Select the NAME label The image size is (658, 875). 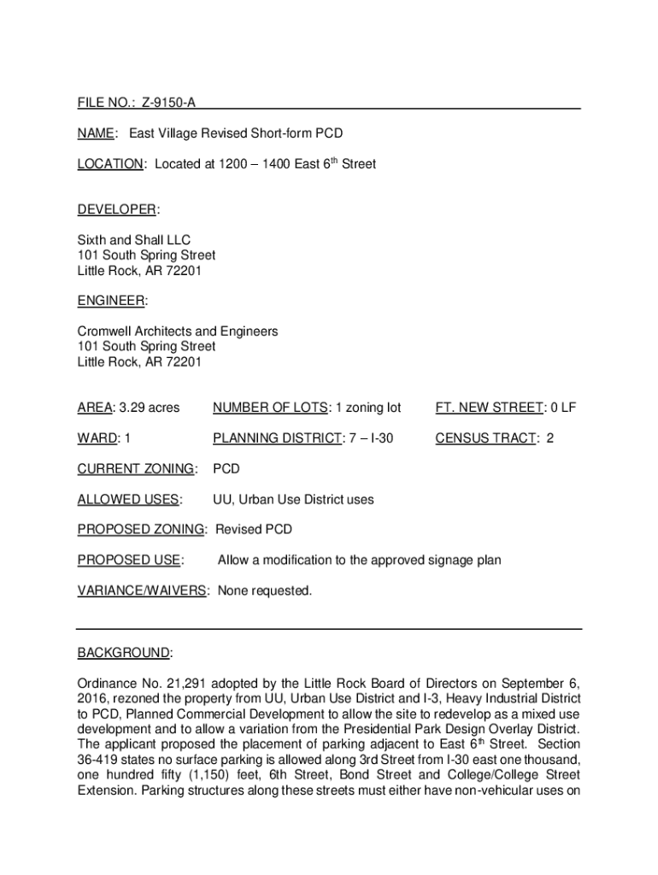pyautogui.click(x=97, y=133)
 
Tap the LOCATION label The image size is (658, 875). pyautogui.click(x=110, y=164)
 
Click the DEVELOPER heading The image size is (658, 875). pyautogui.click(x=118, y=210)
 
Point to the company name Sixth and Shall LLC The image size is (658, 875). pyautogui.click(x=134, y=240)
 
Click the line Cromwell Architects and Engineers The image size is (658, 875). pyautogui.click(x=178, y=332)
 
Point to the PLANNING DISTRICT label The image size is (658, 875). pyautogui.click(x=274, y=438)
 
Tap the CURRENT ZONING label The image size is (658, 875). pyautogui.click(x=136, y=469)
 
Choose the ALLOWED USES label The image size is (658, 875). pyautogui.click(x=128, y=500)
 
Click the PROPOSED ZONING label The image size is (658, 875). pyautogui.click(x=141, y=530)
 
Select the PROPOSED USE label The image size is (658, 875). pyautogui.click(x=129, y=561)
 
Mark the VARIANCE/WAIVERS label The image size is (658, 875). pyautogui.click(x=142, y=590)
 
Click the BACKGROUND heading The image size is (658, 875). pyautogui.click(x=124, y=654)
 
